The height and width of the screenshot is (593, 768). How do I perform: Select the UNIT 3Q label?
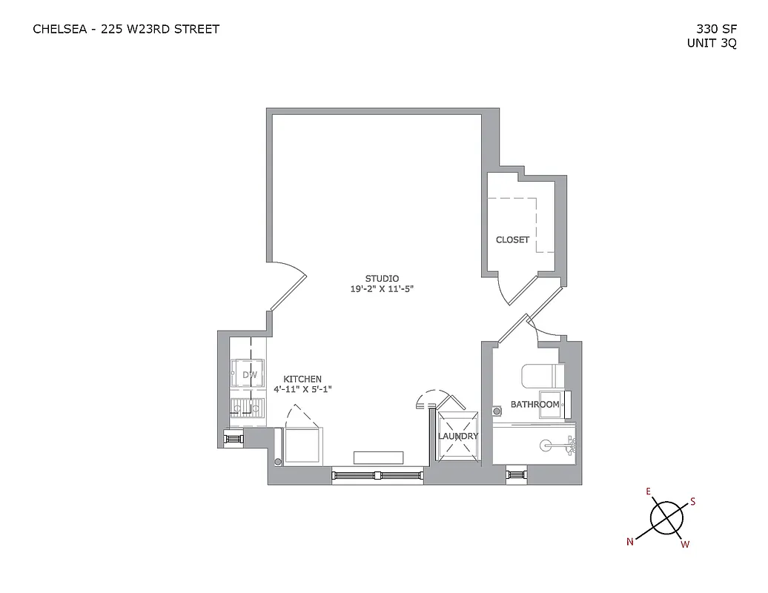click(712, 43)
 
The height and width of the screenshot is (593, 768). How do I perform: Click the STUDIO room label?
click(382, 279)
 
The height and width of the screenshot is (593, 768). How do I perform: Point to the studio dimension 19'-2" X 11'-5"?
click(382, 289)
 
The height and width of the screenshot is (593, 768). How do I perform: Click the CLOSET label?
click(513, 239)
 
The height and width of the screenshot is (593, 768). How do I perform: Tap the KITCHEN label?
click(302, 379)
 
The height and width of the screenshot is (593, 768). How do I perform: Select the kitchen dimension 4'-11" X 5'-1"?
click(302, 389)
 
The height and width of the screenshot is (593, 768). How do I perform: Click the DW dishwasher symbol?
click(249, 375)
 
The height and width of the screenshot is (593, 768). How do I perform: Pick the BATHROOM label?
click(534, 404)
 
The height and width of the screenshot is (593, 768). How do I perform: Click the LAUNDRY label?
click(457, 437)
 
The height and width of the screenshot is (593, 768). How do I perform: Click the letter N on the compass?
click(630, 542)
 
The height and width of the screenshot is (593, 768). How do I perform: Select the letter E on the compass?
click(648, 491)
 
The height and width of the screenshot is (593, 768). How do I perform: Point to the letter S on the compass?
click(693, 501)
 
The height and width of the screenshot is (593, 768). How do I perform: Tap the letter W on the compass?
click(685, 545)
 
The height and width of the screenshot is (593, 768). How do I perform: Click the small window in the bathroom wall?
click(516, 474)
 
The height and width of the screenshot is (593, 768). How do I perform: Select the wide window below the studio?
click(377, 474)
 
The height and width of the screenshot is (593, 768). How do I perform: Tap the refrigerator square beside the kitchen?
click(302, 444)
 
